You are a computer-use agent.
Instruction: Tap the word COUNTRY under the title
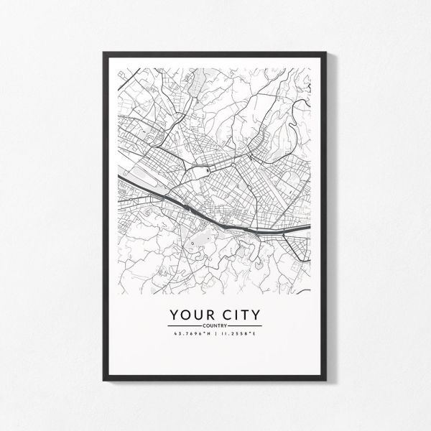tap(215, 326)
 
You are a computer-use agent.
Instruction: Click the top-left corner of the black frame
tap(104, 50)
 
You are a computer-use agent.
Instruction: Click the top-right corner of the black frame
tap(327, 50)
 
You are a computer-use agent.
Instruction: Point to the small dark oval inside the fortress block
tap(205, 170)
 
